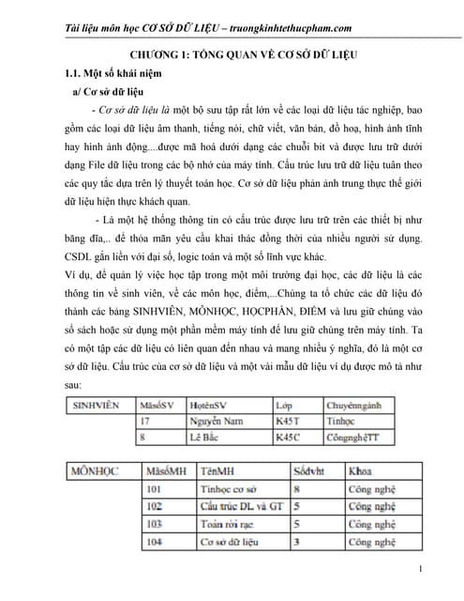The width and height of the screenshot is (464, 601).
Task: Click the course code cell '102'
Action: pos(155,506)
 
